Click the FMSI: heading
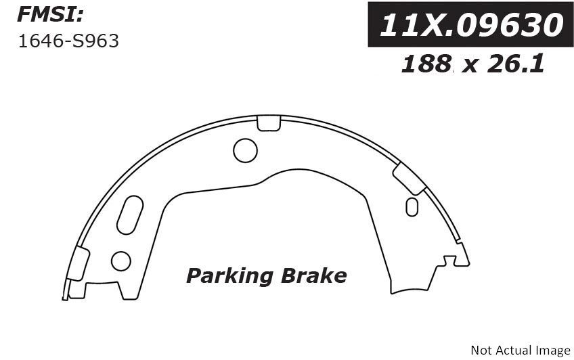(x=51, y=16)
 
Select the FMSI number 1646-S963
(x=68, y=41)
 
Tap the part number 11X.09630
(x=472, y=25)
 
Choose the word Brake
(x=313, y=275)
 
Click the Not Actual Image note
(x=520, y=350)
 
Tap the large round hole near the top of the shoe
(x=245, y=150)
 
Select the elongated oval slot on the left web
(x=130, y=215)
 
